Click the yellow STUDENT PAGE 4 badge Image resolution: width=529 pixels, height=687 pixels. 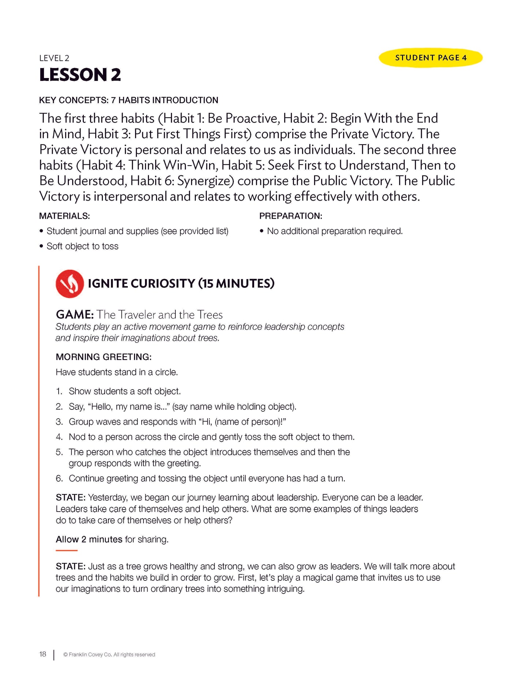tap(431, 58)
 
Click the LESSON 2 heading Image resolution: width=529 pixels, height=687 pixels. tap(80, 75)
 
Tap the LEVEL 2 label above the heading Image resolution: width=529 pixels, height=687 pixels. tap(54, 58)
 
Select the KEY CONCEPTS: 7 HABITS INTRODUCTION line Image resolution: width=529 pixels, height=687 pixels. tap(128, 100)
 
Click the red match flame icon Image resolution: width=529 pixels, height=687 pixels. tap(70, 284)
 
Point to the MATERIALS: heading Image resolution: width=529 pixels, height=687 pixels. tap(64, 216)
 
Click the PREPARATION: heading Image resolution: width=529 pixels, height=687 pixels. tap(291, 216)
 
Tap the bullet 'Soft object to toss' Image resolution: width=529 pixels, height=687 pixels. tap(82, 246)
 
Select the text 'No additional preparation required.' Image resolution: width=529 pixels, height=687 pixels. tap(335, 231)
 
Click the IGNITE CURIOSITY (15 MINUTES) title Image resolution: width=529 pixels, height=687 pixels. tap(181, 283)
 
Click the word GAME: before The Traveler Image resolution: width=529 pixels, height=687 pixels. tap(75, 315)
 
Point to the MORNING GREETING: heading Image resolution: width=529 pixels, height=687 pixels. tap(104, 357)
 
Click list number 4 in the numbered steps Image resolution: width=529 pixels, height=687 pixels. tap(59, 437)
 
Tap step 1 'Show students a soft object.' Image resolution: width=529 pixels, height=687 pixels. tap(124, 391)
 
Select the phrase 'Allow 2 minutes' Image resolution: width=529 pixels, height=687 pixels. tap(89, 539)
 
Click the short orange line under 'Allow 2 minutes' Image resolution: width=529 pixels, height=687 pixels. tap(67, 550)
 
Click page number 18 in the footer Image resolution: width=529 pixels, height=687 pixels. tap(43, 654)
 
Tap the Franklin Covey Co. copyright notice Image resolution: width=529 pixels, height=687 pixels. tap(109, 655)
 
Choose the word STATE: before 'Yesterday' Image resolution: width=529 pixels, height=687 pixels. tap(71, 498)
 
